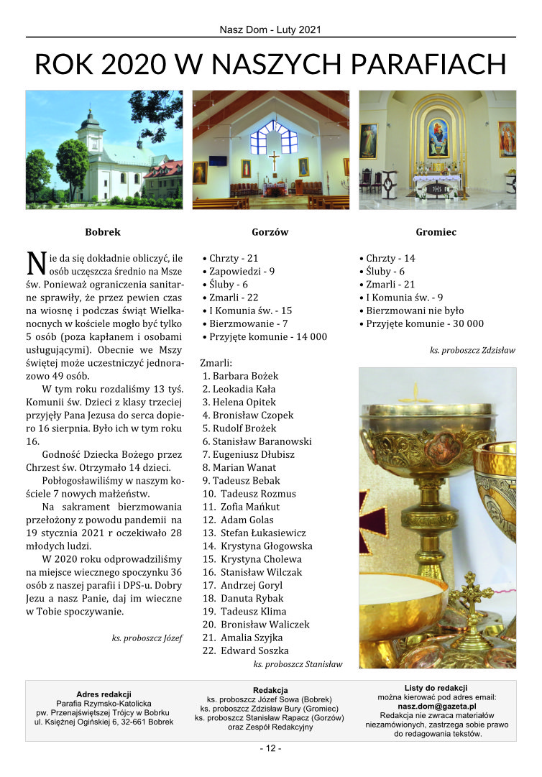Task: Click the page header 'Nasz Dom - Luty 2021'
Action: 270,30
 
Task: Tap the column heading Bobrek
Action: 103,232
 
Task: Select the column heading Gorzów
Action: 270,232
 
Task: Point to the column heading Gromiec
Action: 436,232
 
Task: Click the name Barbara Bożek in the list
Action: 245,376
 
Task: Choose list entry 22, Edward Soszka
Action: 248,650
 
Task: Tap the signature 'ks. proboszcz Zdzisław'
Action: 472,349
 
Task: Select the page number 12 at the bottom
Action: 270,748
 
